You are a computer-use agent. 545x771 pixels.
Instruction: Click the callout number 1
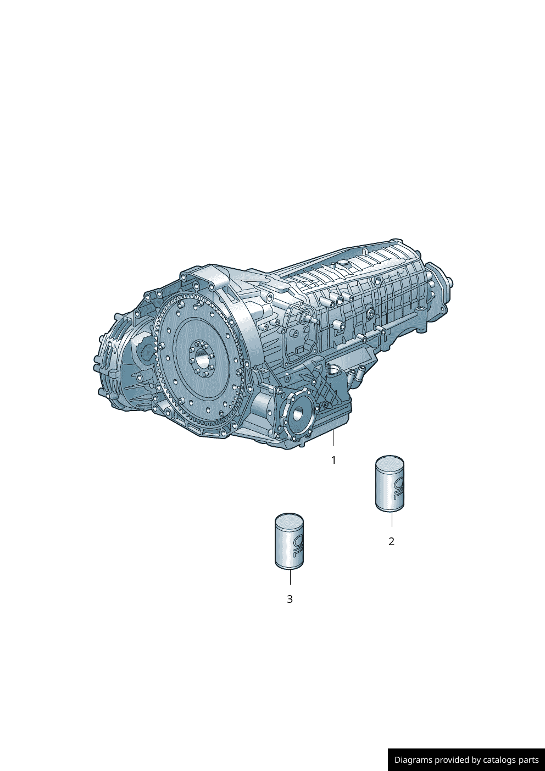pyautogui.click(x=333, y=460)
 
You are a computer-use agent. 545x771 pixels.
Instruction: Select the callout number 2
pyautogui.click(x=391, y=541)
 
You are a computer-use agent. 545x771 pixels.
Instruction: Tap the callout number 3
pyautogui.click(x=290, y=599)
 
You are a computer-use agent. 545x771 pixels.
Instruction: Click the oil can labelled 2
pyautogui.click(x=390, y=484)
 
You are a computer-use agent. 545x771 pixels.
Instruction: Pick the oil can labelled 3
pyautogui.click(x=289, y=541)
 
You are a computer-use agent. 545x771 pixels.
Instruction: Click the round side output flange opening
pyautogui.click(x=298, y=413)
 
